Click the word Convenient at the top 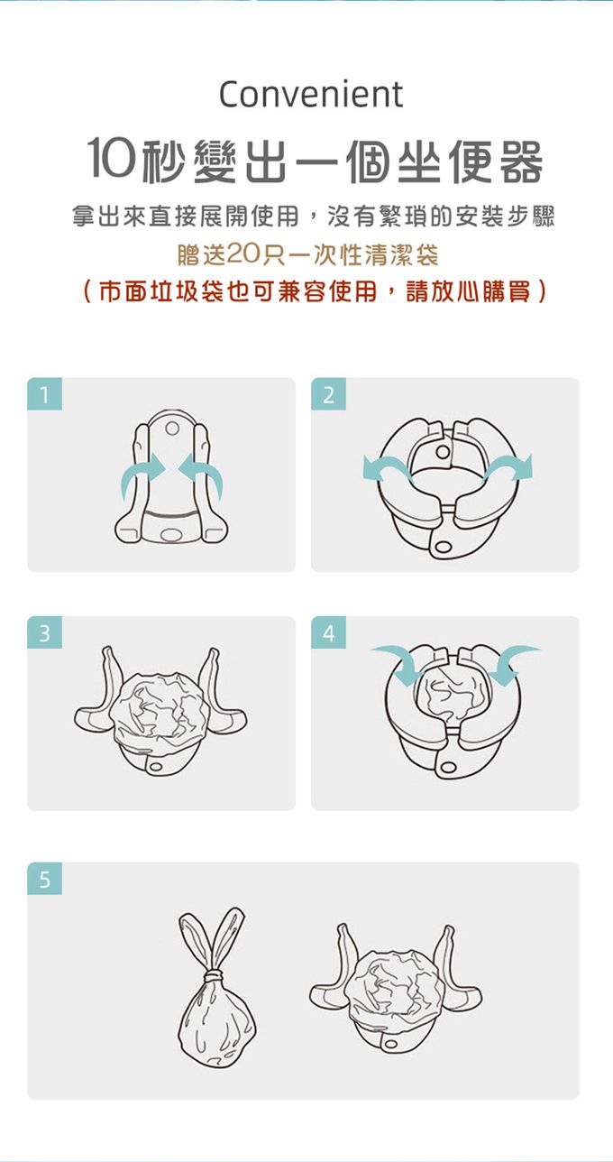pyautogui.click(x=311, y=95)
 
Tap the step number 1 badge pyautogui.click(x=44, y=393)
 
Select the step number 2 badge pyautogui.click(x=328, y=393)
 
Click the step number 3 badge pyautogui.click(x=44, y=632)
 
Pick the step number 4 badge pyautogui.click(x=328, y=632)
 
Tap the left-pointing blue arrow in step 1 pyautogui.click(x=202, y=475)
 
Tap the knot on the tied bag pyautogui.click(x=212, y=978)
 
